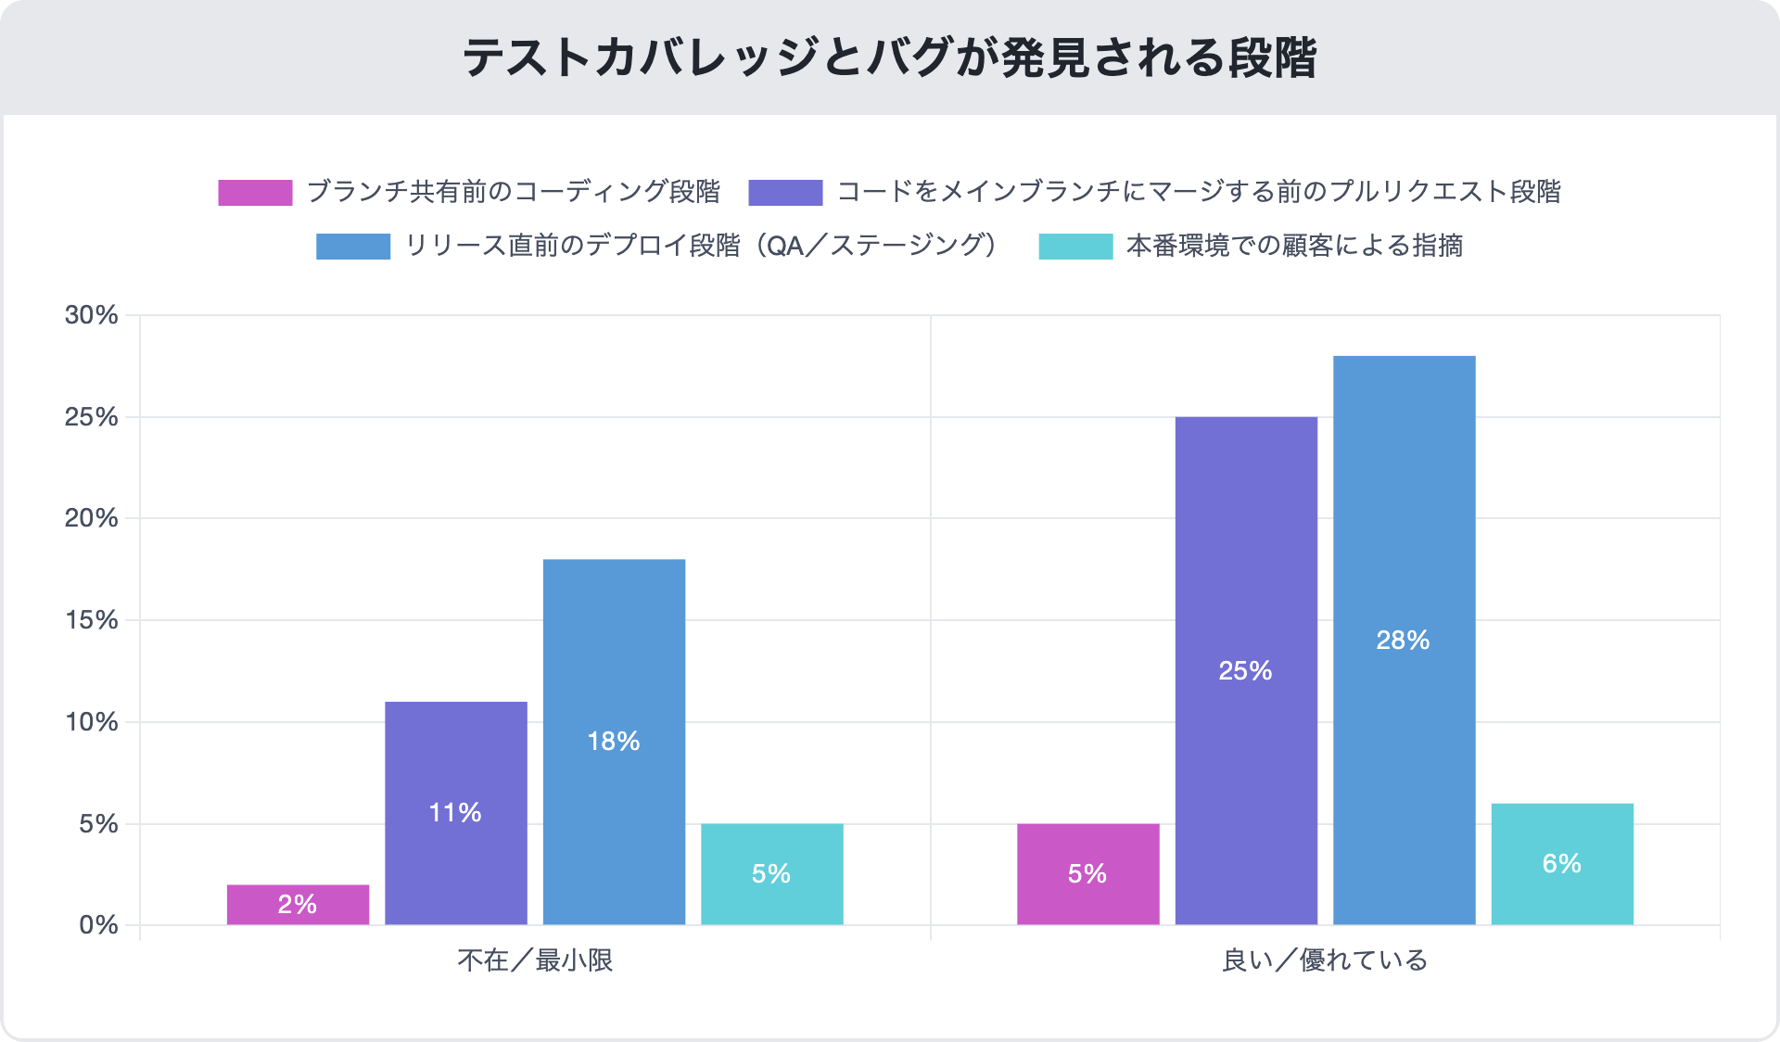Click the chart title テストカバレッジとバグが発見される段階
(x=889, y=57)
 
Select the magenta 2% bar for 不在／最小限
(x=298, y=904)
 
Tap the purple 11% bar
(x=456, y=812)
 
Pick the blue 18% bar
(x=614, y=741)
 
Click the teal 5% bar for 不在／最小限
(x=771, y=873)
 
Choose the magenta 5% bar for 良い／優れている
(x=1087, y=873)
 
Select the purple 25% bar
(x=1246, y=670)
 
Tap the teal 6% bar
(x=1562, y=863)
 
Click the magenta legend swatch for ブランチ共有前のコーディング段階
(x=255, y=192)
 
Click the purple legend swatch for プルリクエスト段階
(x=785, y=192)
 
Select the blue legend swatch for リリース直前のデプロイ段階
(x=352, y=246)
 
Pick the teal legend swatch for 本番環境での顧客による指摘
(x=1075, y=246)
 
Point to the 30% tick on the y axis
(x=92, y=315)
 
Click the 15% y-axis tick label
(x=92, y=620)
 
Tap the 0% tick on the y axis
(x=98, y=925)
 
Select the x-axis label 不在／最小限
(x=535, y=960)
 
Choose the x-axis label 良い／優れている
(x=1325, y=960)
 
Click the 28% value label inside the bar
(x=1403, y=641)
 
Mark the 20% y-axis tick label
(x=92, y=518)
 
